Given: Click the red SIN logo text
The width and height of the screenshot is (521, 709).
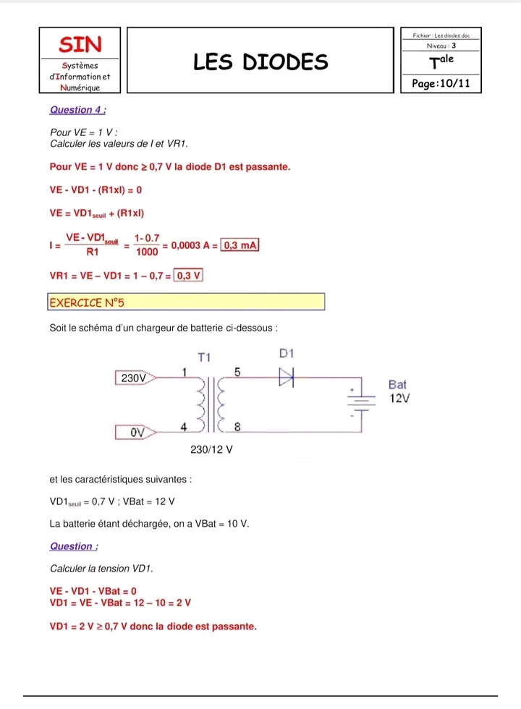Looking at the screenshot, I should tap(80, 44).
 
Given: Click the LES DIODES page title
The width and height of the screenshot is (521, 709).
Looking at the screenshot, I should tap(260, 62).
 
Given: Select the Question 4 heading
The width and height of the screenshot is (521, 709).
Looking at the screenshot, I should tap(78, 110).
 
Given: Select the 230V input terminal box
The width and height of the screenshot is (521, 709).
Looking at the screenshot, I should tap(135, 378).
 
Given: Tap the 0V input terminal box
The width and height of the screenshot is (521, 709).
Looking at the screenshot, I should tap(135, 433).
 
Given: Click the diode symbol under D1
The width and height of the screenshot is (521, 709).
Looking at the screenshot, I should tap(287, 377).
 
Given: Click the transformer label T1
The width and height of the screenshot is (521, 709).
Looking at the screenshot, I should tap(205, 357).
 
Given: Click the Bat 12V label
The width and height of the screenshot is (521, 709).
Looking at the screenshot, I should tap(399, 391).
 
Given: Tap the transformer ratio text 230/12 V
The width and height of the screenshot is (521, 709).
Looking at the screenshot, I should tap(211, 449).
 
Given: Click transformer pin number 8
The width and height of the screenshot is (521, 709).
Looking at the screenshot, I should tap(237, 428).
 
